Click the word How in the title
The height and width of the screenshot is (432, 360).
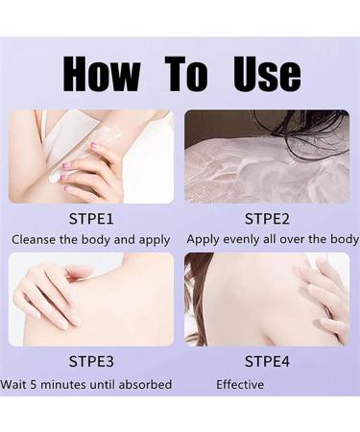coord(102,74)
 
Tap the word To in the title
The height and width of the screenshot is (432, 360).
coord(186,74)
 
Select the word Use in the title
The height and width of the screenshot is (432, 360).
coord(268,74)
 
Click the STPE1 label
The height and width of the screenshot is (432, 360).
coord(91,219)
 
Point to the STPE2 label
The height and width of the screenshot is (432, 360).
coord(267,219)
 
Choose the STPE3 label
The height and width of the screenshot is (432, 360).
coord(91,362)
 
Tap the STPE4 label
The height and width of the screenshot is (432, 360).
coord(267,362)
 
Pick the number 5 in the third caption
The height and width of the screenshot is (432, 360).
coord(34,384)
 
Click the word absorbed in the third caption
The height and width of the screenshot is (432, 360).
coord(145,384)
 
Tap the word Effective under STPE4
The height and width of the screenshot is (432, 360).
coord(240,384)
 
